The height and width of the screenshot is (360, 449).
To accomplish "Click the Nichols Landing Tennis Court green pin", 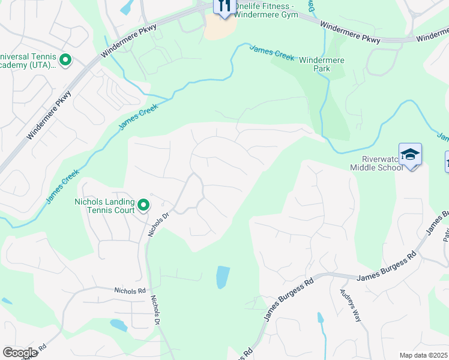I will [x=143, y=206].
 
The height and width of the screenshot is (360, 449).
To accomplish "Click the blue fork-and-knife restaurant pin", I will [x=224, y=7].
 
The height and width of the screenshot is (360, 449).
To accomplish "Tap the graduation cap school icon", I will [x=410, y=155].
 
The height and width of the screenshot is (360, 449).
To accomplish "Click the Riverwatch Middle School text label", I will [x=376, y=163].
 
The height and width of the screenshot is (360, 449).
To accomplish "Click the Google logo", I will [x=20, y=352].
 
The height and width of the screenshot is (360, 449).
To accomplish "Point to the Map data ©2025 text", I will [x=423, y=355].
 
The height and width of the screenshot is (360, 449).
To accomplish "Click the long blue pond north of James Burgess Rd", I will [x=222, y=277].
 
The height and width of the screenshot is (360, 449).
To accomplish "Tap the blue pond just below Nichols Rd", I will [x=118, y=325].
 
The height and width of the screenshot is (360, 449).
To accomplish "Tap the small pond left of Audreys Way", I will [x=321, y=318].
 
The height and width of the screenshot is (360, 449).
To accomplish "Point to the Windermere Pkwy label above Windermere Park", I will [x=350, y=32].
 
